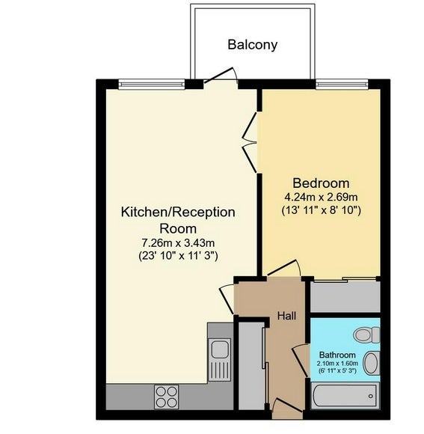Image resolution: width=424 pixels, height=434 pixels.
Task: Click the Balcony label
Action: pos(252,45)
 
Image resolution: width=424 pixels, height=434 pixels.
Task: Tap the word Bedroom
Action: pos(321,183)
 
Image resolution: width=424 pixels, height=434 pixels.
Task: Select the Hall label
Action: pos(286,316)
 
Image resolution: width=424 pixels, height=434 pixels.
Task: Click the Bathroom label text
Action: pos(337,355)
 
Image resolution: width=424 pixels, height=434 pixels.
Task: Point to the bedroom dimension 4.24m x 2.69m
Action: pos(321,198)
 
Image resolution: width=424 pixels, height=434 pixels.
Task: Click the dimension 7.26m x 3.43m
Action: pos(178,243)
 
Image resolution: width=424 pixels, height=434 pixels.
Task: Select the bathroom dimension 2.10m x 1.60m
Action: pos(337,364)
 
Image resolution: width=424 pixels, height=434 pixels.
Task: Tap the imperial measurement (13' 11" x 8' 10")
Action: pos(321,210)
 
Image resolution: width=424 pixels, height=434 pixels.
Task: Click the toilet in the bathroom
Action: pos(366,335)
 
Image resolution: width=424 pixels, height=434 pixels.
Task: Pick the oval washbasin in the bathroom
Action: pos(371,363)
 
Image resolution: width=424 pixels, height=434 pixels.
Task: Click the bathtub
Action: pos(345,396)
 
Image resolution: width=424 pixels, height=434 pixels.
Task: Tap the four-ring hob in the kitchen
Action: pos(167,397)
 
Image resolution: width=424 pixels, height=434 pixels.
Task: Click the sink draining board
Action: pos(220,370)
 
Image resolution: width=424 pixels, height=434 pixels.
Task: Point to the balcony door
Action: pos(221,75)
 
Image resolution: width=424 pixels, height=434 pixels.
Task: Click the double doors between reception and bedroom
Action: pos(250,142)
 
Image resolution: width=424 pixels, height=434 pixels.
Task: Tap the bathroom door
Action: pos(301,361)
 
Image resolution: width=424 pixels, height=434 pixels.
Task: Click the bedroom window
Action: pos(342,84)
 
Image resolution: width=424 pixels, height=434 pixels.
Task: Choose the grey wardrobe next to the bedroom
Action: pos(345,297)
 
